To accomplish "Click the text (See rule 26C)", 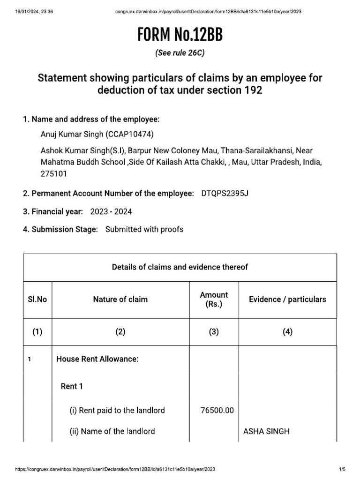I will [x=180, y=53].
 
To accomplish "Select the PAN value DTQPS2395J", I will [x=224, y=194].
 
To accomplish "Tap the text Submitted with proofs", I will [x=144, y=229].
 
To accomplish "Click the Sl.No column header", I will [x=37, y=299].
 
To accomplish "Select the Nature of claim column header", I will [x=120, y=299].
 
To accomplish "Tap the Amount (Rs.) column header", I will [x=214, y=299].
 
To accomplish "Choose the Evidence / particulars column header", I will [x=287, y=299].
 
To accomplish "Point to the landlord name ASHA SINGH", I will [x=267, y=431].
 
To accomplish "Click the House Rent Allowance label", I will [x=97, y=359].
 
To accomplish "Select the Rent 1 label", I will [x=72, y=386].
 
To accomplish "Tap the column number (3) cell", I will [x=214, y=332].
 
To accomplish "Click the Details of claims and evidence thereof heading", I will [x=180, y=267].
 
